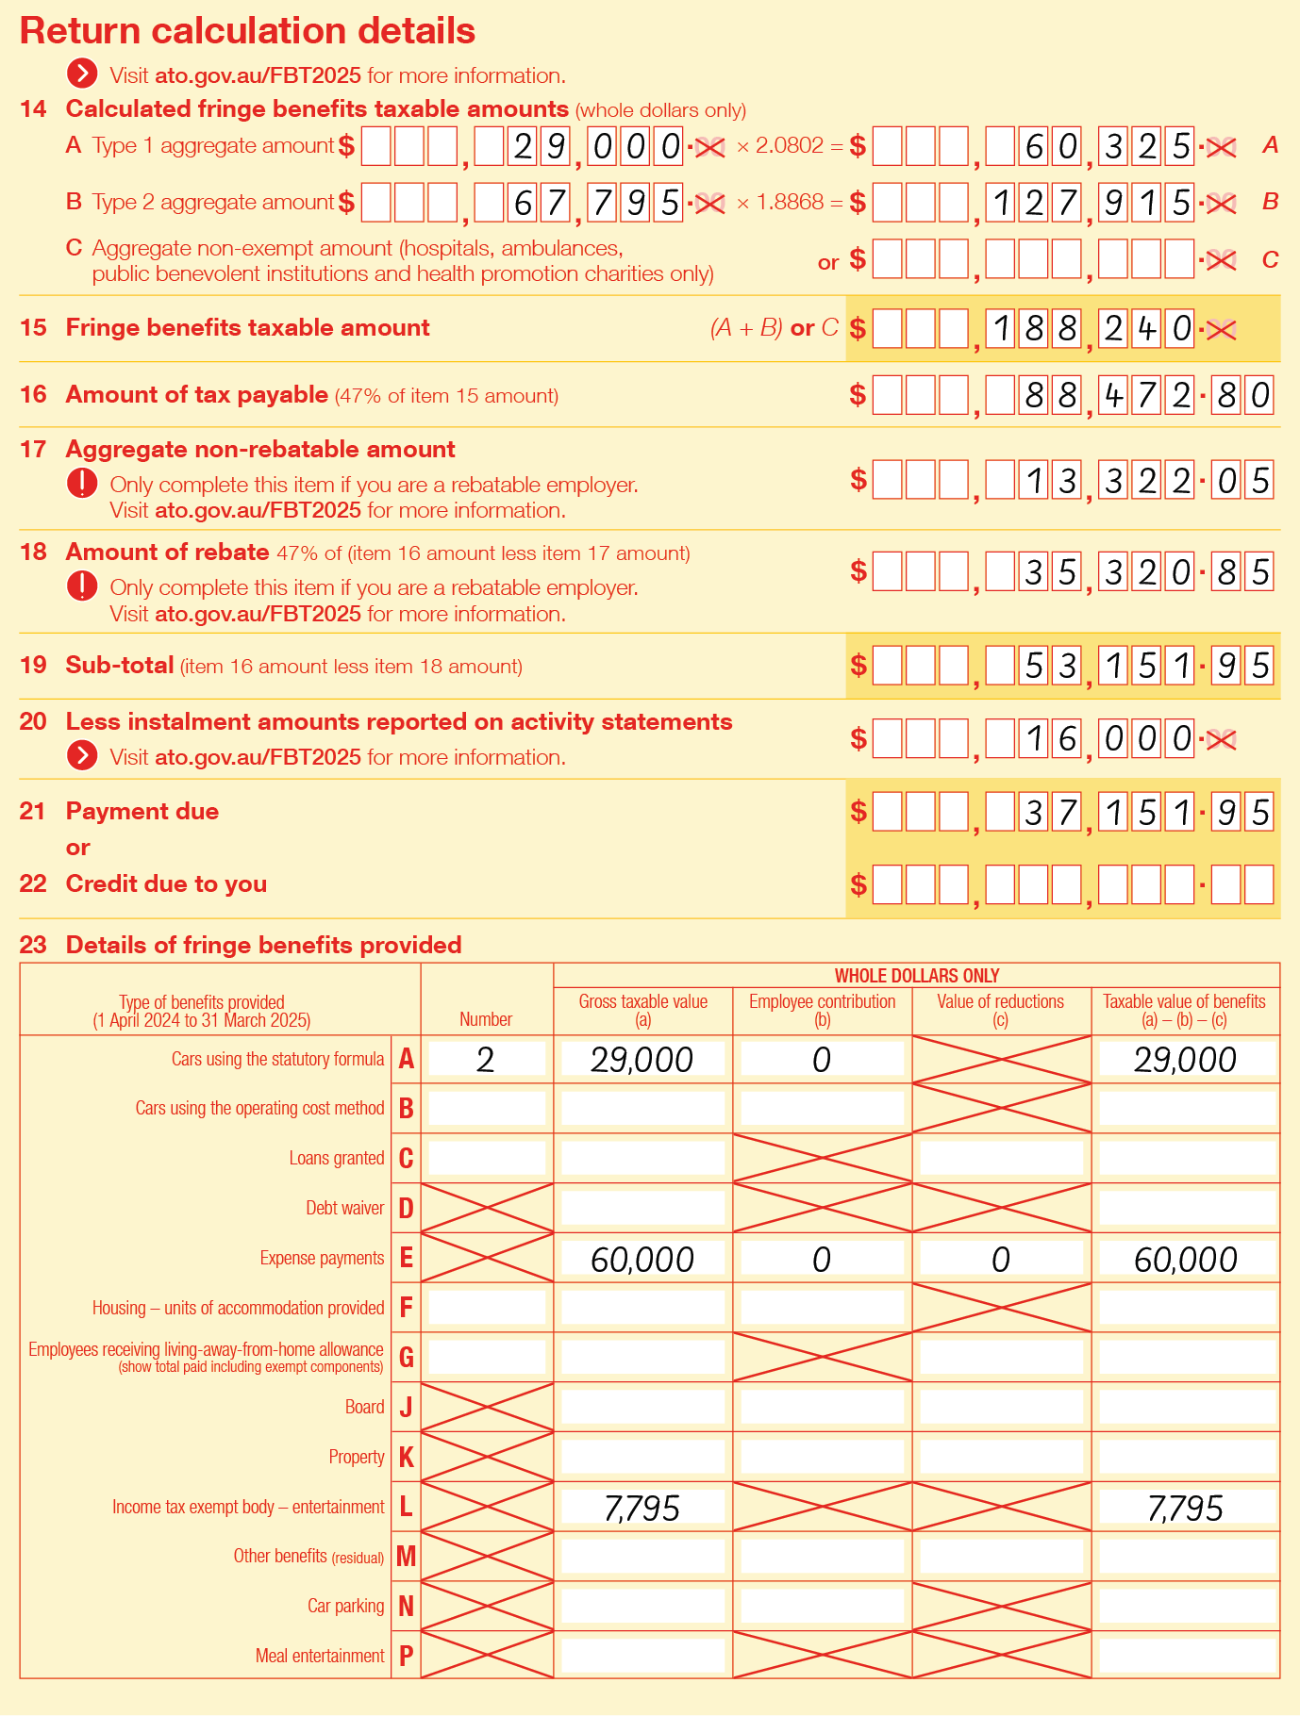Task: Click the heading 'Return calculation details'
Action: tap(247, 31)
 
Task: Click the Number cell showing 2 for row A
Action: tap(486, 1060)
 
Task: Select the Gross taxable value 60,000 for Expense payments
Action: tap(642, 1260)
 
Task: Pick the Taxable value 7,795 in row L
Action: tap(1186, 1509)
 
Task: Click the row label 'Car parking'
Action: tap(346, 1606)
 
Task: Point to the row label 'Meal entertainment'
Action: tap(320, 1656)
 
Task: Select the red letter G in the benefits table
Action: tap(407, 1358)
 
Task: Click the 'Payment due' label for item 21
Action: tap(142, 812)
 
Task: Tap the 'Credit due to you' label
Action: tap(166, 884)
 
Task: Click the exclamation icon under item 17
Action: tap(82, 484)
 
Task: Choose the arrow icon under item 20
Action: tap(82, 756)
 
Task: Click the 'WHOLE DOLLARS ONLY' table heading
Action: tap(916, 976)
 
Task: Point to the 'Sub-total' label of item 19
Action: tap(120, 666)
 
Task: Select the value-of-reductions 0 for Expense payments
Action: tap(1001, 1260)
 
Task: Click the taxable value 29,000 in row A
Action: tap(1186, 1060)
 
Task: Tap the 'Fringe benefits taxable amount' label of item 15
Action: tap(247, 328)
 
